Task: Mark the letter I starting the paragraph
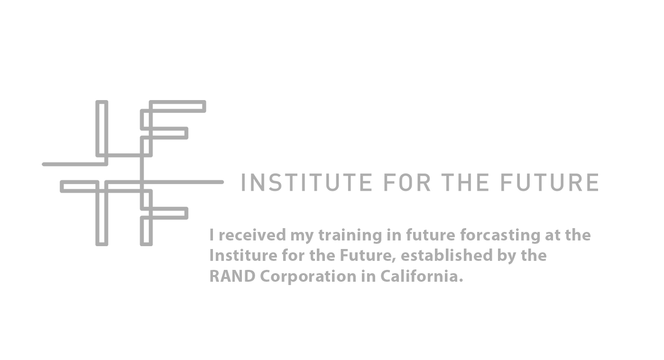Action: [212, 235]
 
